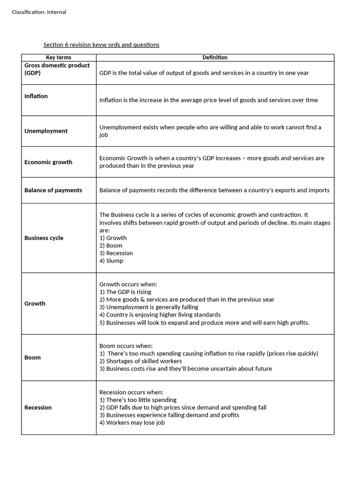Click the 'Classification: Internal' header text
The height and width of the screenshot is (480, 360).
[x=39, y=12]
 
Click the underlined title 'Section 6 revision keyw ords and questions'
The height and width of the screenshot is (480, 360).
[x=101, y=45]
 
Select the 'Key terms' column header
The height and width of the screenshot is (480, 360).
[x=59, y=58]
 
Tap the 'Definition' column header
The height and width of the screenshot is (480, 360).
[x=215, y=58]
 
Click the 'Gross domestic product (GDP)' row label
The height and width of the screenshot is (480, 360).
[x=57, y=69]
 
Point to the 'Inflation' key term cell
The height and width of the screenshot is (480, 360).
[x=36, y=96]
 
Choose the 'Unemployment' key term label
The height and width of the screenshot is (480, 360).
[x=46, y=131]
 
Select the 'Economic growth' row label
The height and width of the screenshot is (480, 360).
[x=48, y=162]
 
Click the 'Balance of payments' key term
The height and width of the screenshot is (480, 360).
[x=53, y=190]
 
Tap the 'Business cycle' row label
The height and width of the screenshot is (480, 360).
[x=44, y=238]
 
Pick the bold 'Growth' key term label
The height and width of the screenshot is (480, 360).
[x=35, y=304]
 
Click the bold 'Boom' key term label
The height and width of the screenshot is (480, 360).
[x=32, y=358]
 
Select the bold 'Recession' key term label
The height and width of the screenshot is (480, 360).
[x=38, y=408]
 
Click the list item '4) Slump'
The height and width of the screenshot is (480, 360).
[x=111, y=261]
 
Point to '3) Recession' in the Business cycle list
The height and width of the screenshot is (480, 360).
[x=116, y=253]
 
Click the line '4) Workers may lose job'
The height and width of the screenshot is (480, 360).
[x=132, y=423]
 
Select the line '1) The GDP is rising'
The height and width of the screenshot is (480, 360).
[x=125, y=292]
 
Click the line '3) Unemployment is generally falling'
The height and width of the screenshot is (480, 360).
[x=149, y=307]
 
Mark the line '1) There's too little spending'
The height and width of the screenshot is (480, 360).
[x=138, y=400]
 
